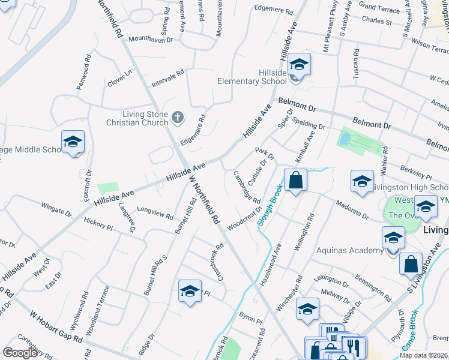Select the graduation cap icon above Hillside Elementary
coord(299,64)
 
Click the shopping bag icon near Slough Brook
coord(295,180)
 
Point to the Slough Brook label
coord(270,204)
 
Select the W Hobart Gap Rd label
coord(56,328)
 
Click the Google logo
coord(20,353)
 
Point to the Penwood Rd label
coord(83,73)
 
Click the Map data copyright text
coord(423,355)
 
